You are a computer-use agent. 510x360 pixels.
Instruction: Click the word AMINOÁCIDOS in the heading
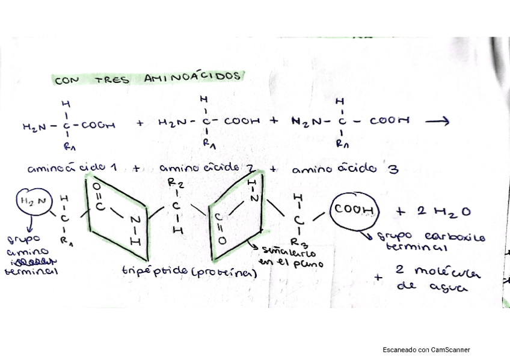(193, 78)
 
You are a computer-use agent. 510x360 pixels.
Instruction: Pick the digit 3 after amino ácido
(393, 169)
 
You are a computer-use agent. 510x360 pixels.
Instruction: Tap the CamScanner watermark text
(426, 349)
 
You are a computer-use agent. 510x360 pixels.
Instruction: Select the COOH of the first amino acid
(97, 126)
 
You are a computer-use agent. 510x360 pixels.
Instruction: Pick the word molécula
(447, 271)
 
